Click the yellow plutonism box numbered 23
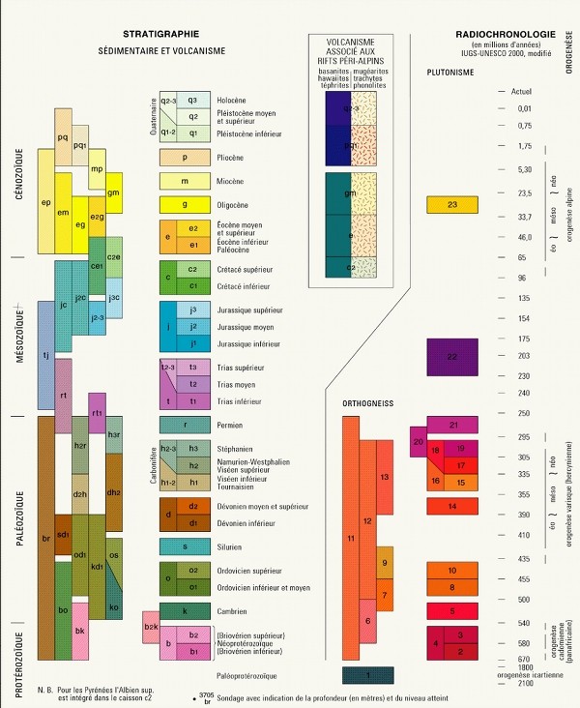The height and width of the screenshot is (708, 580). click(x=452, y=204)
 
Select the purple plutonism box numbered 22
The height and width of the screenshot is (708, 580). click(x=452, y=357)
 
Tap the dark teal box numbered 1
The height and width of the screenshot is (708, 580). click(x=372, y=674)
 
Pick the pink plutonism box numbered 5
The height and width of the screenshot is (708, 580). click(x=452, y=611)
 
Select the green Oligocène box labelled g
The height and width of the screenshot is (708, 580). click(x=185, y=205)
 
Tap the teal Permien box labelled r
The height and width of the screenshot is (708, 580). click(x=185, y=425)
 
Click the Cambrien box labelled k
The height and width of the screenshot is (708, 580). click(x=185, y=611)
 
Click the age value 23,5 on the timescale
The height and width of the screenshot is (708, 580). click(x=525, y=194)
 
